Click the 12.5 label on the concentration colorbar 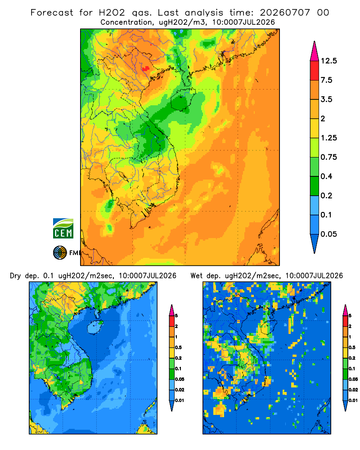tap(328, 61)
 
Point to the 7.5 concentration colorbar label tap(326, 80)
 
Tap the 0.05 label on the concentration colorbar tap(328, 234)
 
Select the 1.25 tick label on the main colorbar tap(328, 138)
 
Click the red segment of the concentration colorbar tap(315, 71)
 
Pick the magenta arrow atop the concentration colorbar tap(315, 51)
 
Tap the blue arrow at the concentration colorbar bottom tap(315, 243)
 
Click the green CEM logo tap(63, 229)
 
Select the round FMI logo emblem tap(60, 253)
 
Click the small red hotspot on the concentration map tap(146, 68)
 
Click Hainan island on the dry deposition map tap(95, 326)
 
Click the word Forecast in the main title tap(52, 13)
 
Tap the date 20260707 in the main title tap(285, 13)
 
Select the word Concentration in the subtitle tap(126, 22)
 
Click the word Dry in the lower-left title tap(15, 276)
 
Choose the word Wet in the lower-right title tap(196, 276)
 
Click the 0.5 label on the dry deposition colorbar tap(178, 347)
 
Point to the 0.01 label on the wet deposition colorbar tap(353, 400)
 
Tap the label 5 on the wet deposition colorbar tap(350, 316)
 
